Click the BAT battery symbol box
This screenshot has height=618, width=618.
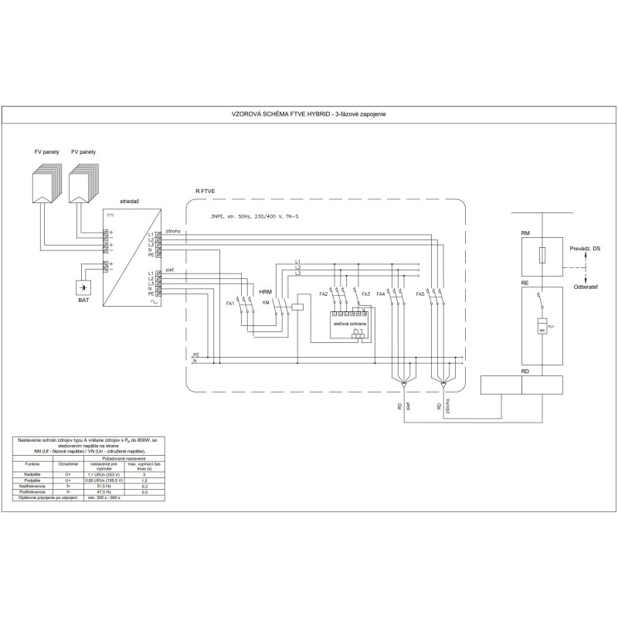coord(83,287)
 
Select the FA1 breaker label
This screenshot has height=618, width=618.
coord(229,304)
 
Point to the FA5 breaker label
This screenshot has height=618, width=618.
coord(420,294)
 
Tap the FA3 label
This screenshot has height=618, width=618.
coord(366,294)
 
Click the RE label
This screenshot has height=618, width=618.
coord(525,284)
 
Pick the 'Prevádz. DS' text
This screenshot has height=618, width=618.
coord(585,248)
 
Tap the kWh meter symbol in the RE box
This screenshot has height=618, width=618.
coord(542,325)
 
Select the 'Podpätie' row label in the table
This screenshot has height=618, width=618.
coord(32,480)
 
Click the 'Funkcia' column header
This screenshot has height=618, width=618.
coord(32,464)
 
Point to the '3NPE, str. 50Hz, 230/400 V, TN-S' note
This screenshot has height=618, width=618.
coord(254,216)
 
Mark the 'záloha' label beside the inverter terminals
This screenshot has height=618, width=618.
coord(173,230)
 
